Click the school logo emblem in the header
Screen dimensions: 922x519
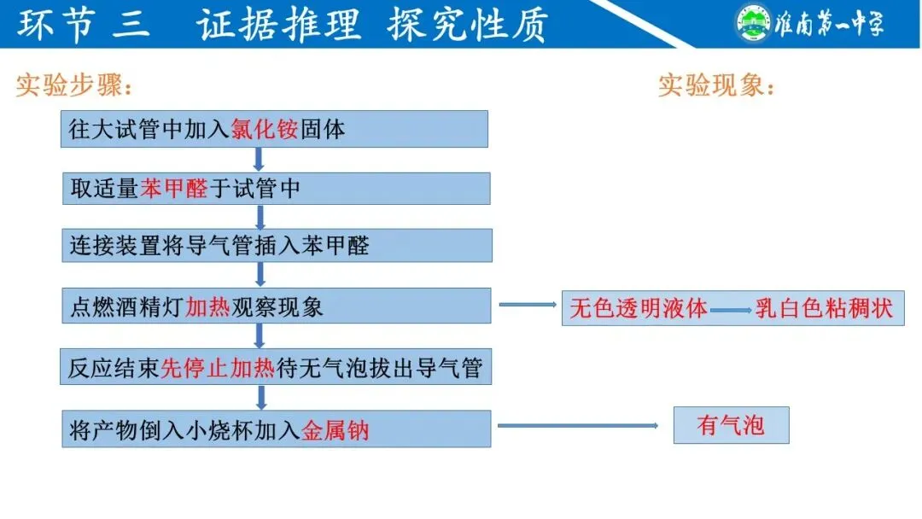(753, 23)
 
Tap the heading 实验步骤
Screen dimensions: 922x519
(74, 85)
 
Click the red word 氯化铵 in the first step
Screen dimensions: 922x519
(266, 129)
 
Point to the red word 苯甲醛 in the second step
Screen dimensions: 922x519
(174, 189)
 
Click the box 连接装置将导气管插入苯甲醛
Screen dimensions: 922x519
(277, 246)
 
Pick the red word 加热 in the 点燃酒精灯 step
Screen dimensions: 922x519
(208, 306)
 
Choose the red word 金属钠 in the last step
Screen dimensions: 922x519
(336, 429)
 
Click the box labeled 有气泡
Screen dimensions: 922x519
(731, 425)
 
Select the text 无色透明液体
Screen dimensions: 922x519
(639, 308)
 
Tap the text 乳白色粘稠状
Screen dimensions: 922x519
(824, 308)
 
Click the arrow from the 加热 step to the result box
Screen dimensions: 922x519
(527, 305)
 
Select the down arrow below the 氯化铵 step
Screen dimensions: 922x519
(259, 160)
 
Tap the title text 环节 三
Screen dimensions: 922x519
(85, 25)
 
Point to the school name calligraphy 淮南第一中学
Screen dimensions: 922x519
(828, 23)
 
